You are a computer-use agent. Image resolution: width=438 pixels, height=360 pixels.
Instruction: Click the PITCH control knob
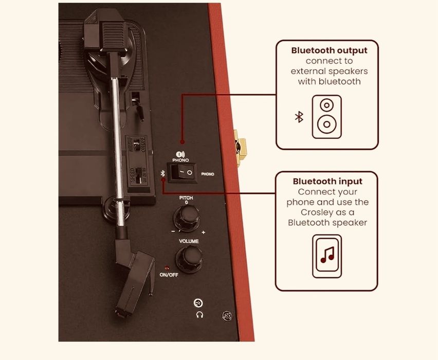pos(186,219)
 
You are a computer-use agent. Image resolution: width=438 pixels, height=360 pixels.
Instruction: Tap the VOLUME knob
pos(189,256)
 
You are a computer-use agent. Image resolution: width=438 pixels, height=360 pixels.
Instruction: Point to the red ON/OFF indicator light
pos(167,268)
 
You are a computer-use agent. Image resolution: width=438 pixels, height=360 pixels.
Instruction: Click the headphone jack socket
pos(197,304)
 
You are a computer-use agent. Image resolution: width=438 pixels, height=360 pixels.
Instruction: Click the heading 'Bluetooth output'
pos(329,50)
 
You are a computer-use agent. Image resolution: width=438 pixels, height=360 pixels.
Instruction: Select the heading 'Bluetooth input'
pos(327,181)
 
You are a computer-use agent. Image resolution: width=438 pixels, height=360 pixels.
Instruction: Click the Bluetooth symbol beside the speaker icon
pos(299,117)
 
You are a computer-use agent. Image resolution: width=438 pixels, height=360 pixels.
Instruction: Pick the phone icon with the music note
pos(327,256)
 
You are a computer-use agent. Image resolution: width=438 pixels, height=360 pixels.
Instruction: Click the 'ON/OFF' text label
pos(169,275)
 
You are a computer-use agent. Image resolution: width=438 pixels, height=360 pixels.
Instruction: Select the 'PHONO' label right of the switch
pos(208,174)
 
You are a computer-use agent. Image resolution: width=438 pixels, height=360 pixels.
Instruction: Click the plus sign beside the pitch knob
pos(204,232)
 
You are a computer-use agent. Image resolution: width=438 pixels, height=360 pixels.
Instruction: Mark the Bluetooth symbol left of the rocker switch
pos(163,173)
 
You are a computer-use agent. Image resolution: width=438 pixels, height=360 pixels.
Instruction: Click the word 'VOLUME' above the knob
pos(189,241)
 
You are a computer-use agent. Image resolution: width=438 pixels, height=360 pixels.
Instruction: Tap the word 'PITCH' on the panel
pos(186,197)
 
